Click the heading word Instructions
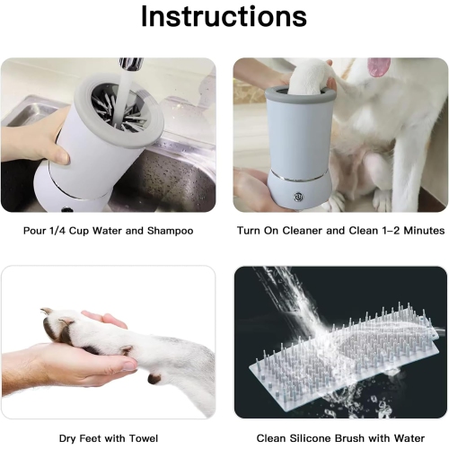pos(224,17)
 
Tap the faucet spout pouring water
pos(131,64)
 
